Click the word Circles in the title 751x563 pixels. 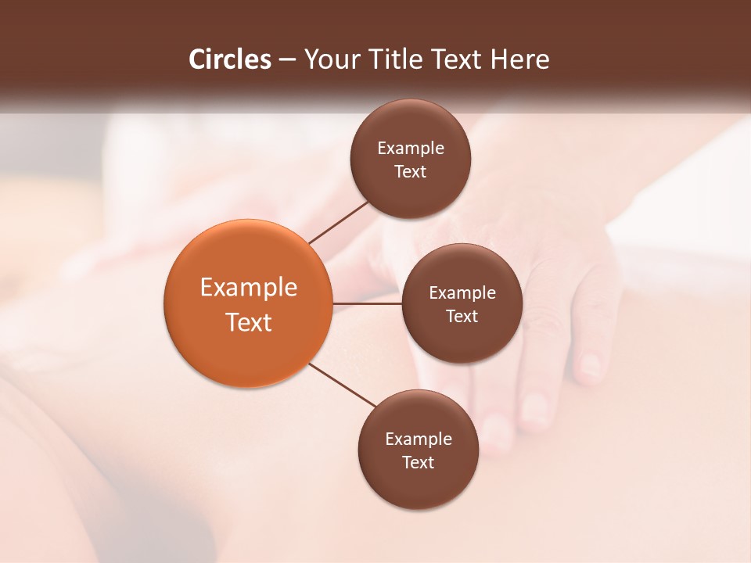click(229, 59)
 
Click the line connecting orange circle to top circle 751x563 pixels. click(340, 221)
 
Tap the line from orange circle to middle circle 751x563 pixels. click(367, 303)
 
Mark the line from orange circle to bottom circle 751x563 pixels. click(343, 385)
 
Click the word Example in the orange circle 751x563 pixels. click(249, 288)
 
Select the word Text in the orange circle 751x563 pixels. click(249, 322)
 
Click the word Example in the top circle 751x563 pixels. click(411, 149)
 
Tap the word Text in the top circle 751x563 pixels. click(411, 172)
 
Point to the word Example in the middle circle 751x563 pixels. click(462, 293)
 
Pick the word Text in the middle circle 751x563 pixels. click(462, 317)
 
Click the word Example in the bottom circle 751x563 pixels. click(419, 439)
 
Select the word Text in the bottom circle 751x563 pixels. click(419, 463)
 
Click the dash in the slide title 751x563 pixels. click(287, 60)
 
